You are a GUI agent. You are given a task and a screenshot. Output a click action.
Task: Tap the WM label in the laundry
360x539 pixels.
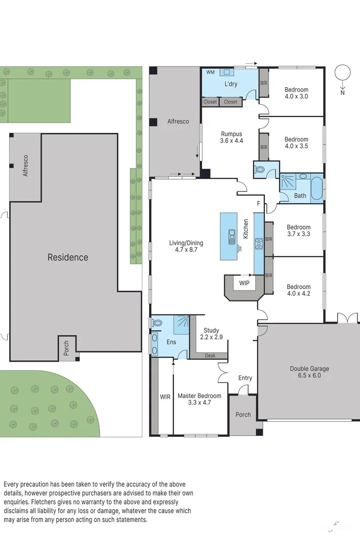[x=210, y=73]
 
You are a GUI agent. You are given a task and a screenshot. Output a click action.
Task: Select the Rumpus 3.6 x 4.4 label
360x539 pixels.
[x=232, y=137]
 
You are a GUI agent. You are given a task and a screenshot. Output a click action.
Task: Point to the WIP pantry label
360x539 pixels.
[x=245, y=283]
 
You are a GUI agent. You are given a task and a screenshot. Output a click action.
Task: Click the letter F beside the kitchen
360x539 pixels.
[x=258, y=204]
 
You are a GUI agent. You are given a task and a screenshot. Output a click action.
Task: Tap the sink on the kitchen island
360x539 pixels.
[x=232, y=235]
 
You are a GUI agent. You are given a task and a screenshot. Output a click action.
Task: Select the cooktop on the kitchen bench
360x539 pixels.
[x=258, y=243]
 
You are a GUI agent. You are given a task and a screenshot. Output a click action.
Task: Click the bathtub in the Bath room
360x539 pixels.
[x=316, y=188]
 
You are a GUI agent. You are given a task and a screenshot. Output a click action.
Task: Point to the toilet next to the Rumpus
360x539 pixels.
[x=259, y=170]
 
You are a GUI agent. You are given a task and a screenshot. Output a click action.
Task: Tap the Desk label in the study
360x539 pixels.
[x=210, y=356]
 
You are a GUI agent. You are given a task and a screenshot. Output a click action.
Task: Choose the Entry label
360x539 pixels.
[x=245, y=378]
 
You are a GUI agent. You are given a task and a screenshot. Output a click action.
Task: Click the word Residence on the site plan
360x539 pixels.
[x=68, y=257]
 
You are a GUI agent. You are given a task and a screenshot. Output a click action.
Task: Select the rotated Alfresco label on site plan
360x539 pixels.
[x=25, y=165]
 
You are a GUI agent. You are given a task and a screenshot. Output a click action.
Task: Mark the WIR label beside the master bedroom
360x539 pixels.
[x=165, y=397]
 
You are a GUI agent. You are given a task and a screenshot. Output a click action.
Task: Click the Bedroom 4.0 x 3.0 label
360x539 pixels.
[x=296, y=93]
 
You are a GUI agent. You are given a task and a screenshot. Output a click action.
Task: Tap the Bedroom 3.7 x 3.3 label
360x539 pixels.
[x=298, y=230]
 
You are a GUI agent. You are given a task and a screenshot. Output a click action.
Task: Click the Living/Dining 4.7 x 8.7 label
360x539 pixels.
[x=186, y=246]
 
